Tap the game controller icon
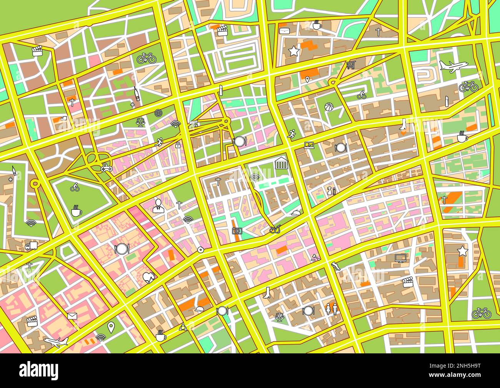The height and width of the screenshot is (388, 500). pos(105,167)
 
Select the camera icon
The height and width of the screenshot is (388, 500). pos(237,231)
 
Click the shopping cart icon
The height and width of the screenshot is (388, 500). pos(350,65)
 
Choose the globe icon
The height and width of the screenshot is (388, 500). pos(158,113)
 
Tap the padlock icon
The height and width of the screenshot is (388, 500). pos(178,145)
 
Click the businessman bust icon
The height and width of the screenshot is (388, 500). pos(158,206)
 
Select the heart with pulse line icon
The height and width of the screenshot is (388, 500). pos(149,278)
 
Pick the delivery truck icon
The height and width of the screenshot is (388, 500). pos(31,246)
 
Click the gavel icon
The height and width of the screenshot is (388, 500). pos(315,258)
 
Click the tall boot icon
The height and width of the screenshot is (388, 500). pos(267,293)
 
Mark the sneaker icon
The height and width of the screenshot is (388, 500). pos(335,266)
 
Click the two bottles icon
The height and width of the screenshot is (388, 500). pos(331,191)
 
